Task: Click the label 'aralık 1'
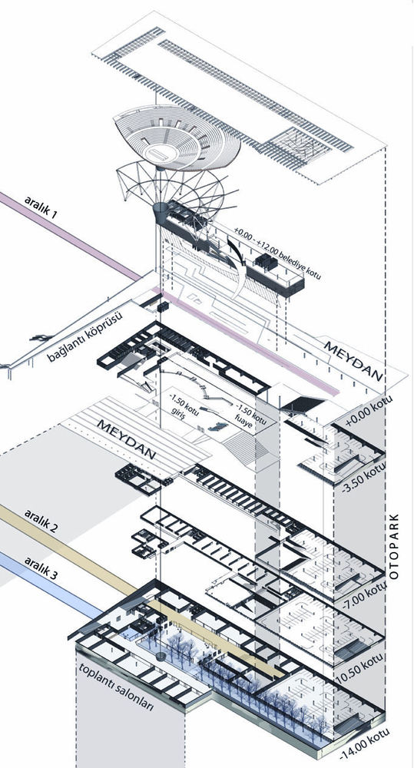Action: point(41,207)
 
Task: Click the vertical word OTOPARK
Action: point(396,547)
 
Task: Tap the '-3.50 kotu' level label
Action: point(363,474)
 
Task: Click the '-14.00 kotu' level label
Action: point(365,740)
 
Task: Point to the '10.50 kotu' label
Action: point(362,667)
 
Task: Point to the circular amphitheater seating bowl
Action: point(177,137)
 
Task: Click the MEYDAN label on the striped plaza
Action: point(127,439)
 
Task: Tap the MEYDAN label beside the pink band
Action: point(353,360)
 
